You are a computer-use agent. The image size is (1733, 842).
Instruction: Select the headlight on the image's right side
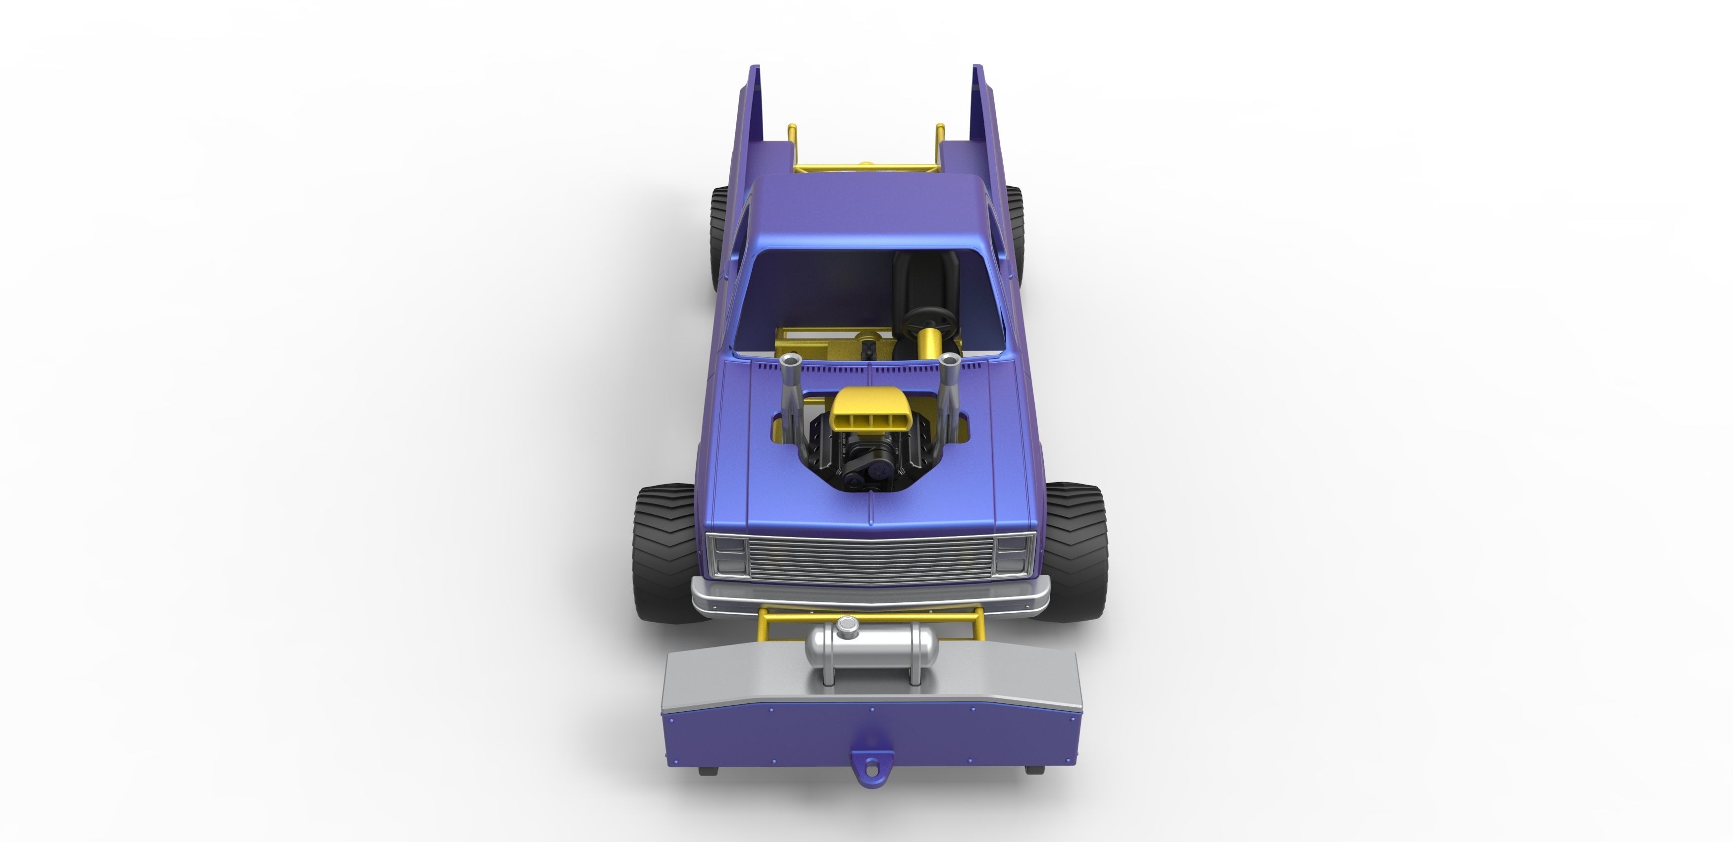click(x=1013, y=553)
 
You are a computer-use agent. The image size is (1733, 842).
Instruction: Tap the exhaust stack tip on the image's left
click(x=793, y=361)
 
